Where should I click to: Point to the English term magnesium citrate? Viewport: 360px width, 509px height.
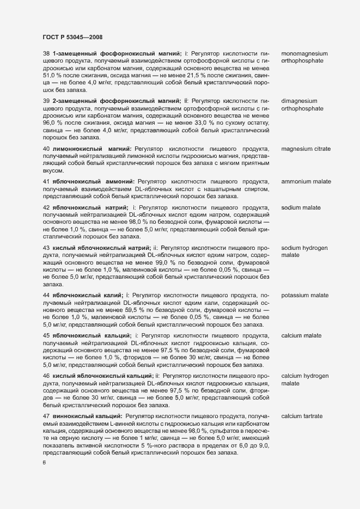coord(307,149)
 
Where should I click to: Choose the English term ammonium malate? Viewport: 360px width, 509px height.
coord(306,181)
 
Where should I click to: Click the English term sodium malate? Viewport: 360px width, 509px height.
coord(301,208)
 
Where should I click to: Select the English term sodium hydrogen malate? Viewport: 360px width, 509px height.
coord(304,252)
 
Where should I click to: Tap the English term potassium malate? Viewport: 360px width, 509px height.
coord(304,296)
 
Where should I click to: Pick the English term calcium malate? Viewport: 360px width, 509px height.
coord(301,335)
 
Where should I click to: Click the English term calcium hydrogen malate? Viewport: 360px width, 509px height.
coord(305,380)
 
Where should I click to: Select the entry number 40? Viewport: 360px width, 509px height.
coord(47,149)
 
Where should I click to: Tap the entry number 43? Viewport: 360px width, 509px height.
coord(47,248)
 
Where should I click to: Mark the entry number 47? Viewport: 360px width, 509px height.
coord(47,416)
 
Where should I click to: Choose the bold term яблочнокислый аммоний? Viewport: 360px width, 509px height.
coord(93,181)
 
